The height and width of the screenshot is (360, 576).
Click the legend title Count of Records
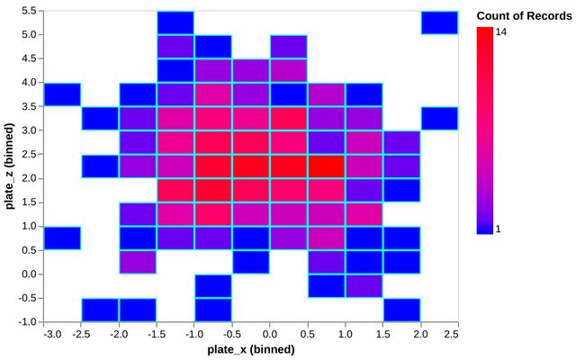coord(520,15)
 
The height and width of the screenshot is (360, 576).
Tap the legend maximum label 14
coord(501,31)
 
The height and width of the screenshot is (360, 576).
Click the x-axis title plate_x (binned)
coord(251,349)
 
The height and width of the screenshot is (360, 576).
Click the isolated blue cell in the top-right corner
coord(439,22)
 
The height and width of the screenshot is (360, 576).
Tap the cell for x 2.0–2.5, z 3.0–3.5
coord(439,118)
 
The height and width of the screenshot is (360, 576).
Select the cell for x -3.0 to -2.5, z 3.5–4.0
coord(63,94)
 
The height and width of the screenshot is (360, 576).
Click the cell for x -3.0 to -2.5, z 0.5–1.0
coord(63,238)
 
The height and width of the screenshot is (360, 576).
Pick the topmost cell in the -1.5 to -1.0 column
coord(175,22)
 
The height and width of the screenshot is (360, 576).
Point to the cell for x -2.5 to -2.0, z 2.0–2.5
coord(101,166)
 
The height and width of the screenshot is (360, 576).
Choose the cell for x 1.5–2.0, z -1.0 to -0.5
coord(401,309)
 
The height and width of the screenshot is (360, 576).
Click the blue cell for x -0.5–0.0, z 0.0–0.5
coord(251,261)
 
